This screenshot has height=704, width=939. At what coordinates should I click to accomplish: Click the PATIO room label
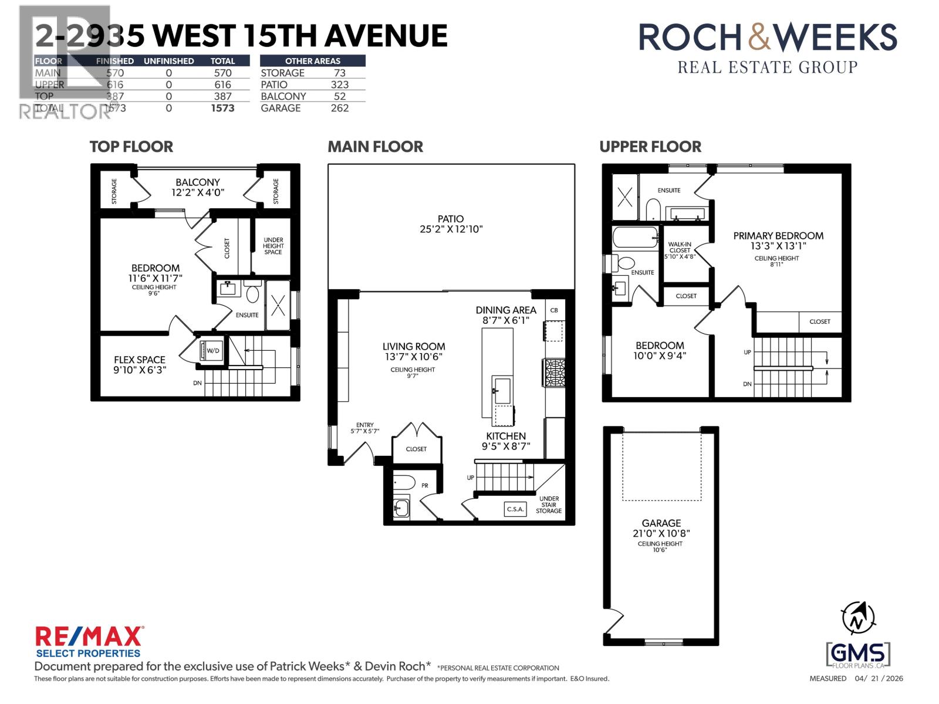(451, 218)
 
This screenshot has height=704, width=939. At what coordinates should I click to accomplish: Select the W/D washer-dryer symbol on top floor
(210, 351)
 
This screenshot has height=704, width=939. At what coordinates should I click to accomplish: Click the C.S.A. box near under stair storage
(515, 509)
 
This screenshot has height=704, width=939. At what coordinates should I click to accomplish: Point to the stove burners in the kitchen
(554, 373)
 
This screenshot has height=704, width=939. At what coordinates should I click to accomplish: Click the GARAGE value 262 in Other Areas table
(339, 108)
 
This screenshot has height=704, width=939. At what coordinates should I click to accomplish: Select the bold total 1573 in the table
(222, 108)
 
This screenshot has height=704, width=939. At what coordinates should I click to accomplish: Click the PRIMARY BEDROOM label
(778, 236)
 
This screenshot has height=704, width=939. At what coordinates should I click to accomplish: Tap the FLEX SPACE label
(140, 360)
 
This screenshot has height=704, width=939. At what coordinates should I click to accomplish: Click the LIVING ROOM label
(414, 347)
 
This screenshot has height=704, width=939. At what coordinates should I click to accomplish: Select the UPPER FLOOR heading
(650, 147)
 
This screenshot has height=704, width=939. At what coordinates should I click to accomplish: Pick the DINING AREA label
(506, 310)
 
